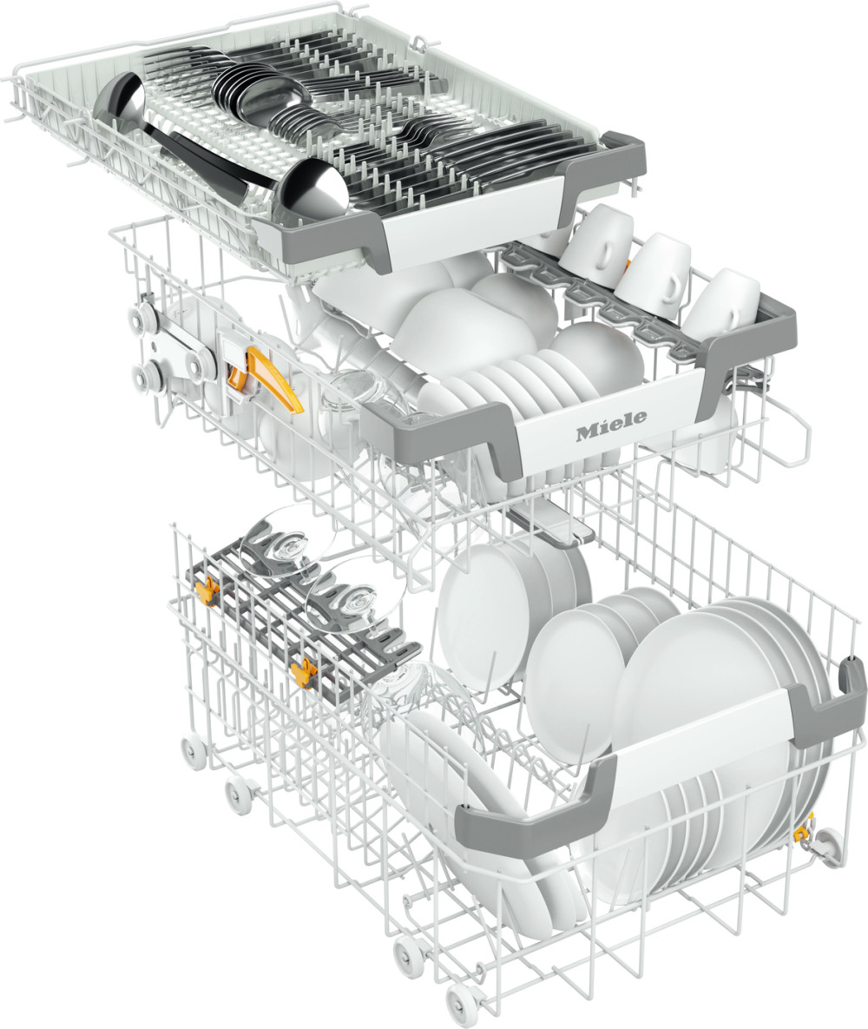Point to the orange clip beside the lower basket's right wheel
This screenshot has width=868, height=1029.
coord(802,832)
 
